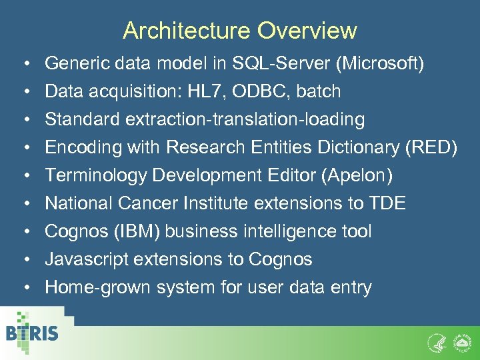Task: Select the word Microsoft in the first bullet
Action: tap(381, 64)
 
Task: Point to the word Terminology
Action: tap(96, 176)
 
